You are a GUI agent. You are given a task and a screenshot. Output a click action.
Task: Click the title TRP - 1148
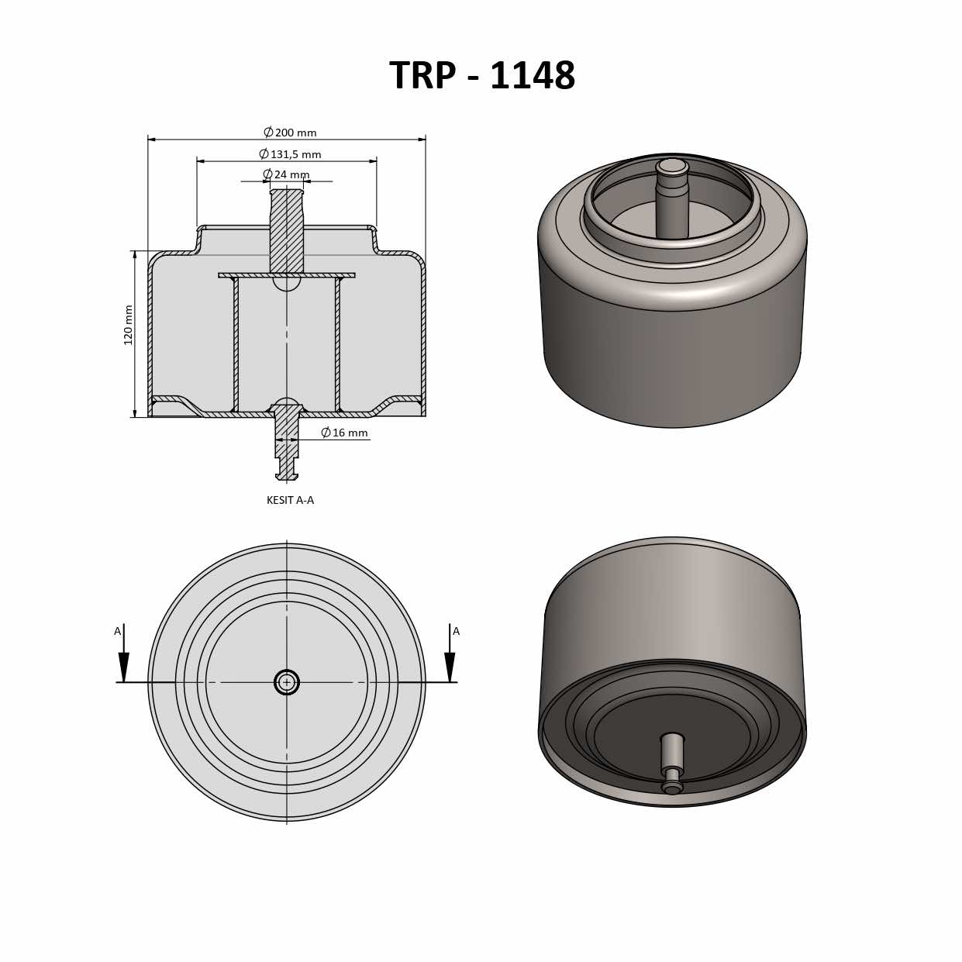(481, 76)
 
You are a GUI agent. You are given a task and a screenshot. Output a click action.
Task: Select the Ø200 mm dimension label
(290, 133)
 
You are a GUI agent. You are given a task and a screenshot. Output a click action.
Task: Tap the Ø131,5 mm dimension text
(290, 154)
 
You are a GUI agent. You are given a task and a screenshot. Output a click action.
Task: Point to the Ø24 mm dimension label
(286, 174)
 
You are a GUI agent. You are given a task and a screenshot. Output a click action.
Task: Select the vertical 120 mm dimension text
(129, 325)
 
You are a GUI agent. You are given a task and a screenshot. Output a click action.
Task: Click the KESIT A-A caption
(290, 500)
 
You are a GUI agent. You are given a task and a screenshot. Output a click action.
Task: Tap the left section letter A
(118, 631)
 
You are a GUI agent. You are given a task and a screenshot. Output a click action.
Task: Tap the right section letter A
(456, 631)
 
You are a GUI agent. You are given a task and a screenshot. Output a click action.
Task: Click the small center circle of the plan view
(287, 682)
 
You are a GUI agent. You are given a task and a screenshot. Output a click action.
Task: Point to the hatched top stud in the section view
(287, 230)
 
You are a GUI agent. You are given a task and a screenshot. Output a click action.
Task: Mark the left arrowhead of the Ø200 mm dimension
(152, 140)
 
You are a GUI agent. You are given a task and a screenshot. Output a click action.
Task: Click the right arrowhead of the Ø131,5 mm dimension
(373, 161)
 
